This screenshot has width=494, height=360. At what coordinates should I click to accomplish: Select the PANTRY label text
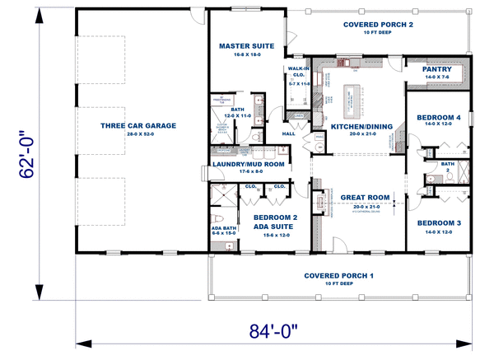(x=436, y=69)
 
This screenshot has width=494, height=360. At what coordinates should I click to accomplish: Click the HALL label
(x=288, y=133)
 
